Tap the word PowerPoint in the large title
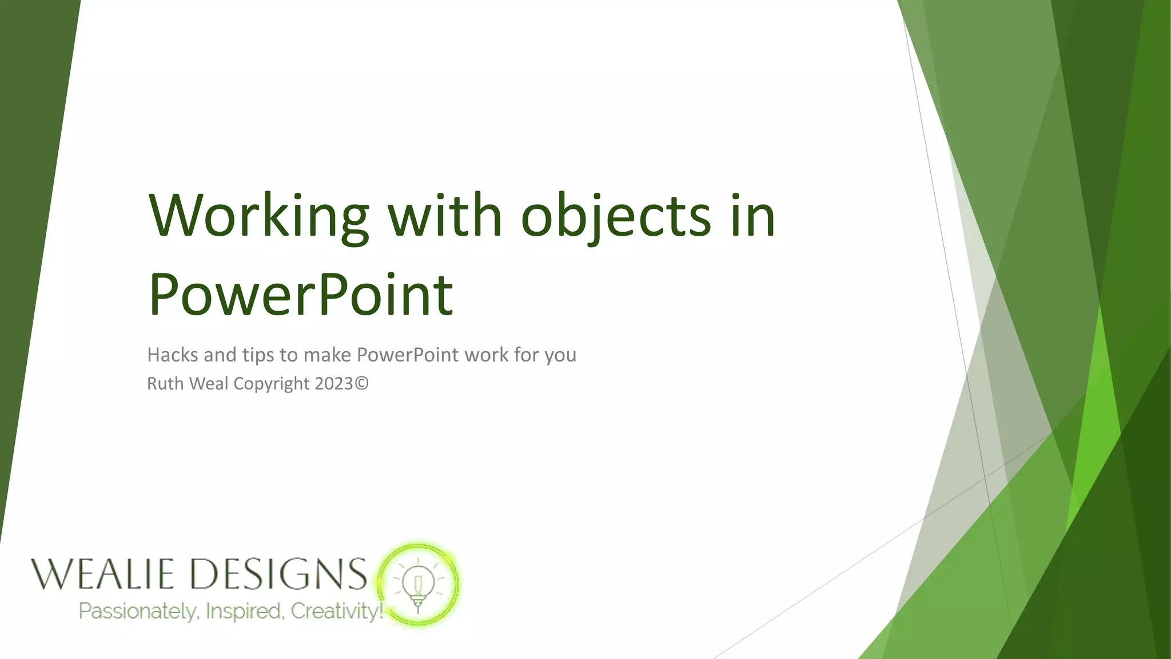coord(301,295)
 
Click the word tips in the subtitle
coord(258,355)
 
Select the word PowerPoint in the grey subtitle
coord(407,355)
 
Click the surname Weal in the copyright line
coord(209,383)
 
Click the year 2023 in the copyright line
coord(333,383)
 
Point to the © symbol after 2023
coord(362,383)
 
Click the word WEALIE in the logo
coord(102,574)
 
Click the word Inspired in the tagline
coord(244,612)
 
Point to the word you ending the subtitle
coord(560,356)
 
